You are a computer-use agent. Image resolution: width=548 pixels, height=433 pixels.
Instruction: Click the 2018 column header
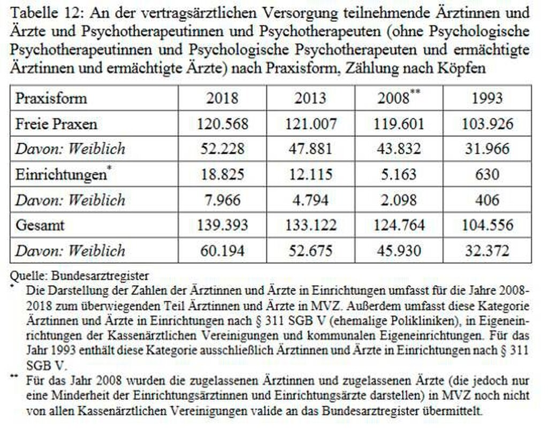tap(223, 98)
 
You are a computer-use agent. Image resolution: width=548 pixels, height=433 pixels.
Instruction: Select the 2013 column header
tap(310, 98)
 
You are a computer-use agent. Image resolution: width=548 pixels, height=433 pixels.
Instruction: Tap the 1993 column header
tap(488, 98)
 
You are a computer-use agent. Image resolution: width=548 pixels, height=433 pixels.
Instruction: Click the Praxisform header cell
tap(51, 98)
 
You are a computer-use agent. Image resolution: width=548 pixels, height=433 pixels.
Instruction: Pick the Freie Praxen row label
tap(56, 124)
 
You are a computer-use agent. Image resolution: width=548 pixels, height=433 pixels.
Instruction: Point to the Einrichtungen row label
tap(62, 174)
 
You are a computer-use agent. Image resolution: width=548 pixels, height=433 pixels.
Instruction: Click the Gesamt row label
tap(40, 225)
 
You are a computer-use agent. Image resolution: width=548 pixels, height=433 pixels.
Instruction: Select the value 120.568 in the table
tap(223, 124)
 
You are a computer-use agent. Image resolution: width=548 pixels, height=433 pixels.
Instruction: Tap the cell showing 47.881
tap(310, 149)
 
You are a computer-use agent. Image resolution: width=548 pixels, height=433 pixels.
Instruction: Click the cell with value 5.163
tap(399, 174)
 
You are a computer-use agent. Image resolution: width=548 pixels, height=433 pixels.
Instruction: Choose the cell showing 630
tap(488, 174)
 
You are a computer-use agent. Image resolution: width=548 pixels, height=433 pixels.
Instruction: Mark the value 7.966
tap(223, 200)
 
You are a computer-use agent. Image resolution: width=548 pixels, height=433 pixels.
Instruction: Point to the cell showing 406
tap(488, 200)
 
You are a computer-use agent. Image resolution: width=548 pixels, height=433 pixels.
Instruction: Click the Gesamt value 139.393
tap(223, 225)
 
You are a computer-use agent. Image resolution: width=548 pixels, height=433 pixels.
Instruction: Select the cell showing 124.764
tap(399, 225)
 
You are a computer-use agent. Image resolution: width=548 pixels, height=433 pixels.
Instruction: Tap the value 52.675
tap(310, 250)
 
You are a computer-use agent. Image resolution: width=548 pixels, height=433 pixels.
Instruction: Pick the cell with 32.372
tap(488, 250)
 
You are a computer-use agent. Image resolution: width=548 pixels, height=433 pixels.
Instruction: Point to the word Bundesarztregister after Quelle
tap(100, 276)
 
